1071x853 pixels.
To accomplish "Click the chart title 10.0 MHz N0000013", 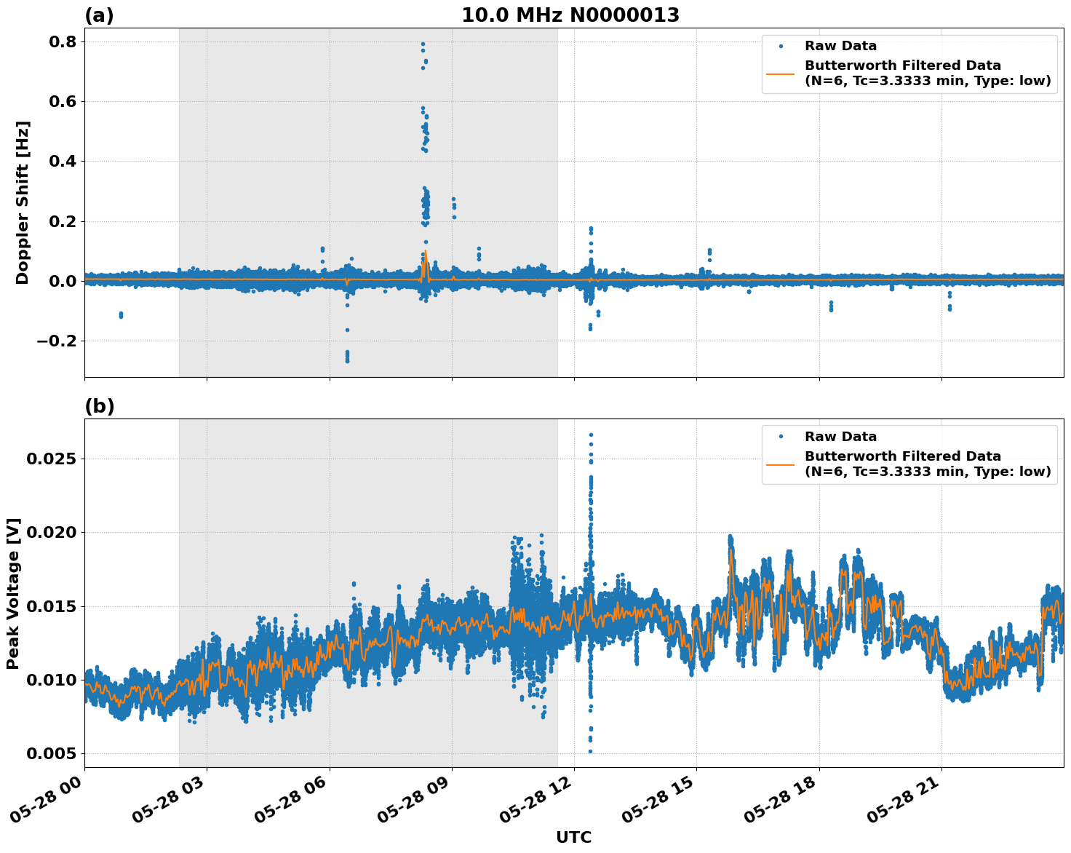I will (570, 15).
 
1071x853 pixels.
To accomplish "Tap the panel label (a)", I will (99, 15).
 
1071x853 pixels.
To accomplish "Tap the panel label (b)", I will (99, 406).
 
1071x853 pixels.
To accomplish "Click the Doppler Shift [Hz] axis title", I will (23, 202).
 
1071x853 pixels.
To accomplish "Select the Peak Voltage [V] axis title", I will (13, 593).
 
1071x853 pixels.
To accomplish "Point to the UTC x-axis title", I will (573, 837).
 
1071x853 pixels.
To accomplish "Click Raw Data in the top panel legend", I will (840, 46).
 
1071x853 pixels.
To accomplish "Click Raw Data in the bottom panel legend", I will (840, 437).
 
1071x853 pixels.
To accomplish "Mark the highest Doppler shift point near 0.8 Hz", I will (423, 44).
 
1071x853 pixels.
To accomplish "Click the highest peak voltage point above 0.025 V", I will (591, 435).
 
